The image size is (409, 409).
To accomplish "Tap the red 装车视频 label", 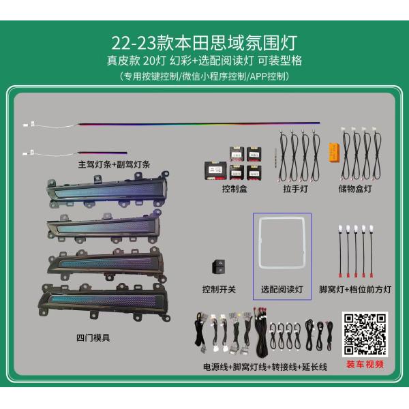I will pyautogui.click(x=365, y=363).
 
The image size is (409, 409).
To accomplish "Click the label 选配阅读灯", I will pyautogui.click(x=282, y=289).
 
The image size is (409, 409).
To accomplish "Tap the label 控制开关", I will pyautogui.click(x=219, y=289).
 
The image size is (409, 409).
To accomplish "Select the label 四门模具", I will pyautogui.click(x=93, y=337).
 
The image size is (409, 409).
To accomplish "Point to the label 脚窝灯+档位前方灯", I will pyautogui.click(x=355, y=289).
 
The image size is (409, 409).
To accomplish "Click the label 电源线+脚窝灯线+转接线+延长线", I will pyautogui.click(x=265, y=367).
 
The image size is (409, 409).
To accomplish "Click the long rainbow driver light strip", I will pyautogui.click(x=198, y=124).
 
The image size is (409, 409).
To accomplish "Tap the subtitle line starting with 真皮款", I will pyautogui.click(x=204, y=60).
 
